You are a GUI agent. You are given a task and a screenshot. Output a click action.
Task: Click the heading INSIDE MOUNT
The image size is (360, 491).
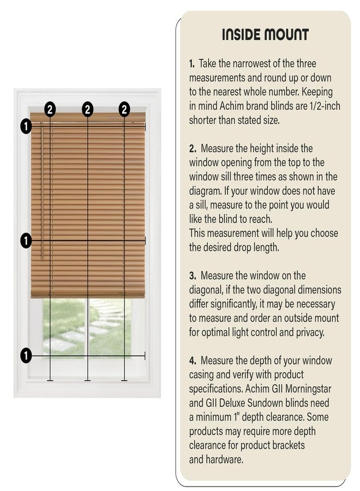(x=265, y=35)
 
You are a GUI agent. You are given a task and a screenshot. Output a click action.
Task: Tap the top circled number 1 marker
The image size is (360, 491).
(x=26, y=126)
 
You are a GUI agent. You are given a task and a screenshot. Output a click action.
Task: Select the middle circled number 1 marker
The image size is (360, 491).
(x=26, y=239)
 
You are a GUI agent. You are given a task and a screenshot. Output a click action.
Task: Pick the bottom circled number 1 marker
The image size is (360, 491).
(x=26, y=356)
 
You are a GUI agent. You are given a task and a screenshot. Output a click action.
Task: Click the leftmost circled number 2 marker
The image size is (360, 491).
(x=50, y=109)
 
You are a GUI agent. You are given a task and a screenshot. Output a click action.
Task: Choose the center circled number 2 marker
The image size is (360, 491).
(x=88, y=109)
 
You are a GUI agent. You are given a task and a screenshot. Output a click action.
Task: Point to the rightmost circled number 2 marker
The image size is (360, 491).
(x=125, y=109)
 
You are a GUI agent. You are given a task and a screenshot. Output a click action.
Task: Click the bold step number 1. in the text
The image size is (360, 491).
(x=193, y=64)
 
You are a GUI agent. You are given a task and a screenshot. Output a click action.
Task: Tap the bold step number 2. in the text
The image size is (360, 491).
(x=193, y=148)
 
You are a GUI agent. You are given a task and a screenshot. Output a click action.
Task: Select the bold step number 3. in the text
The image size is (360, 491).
(x=193, y=276)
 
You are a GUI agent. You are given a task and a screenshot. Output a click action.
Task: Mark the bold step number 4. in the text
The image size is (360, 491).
(x=193, y=361)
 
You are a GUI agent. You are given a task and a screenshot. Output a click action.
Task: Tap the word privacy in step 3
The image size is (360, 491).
(x=316, y=332)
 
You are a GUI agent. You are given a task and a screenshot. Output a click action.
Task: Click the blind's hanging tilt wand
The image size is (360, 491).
(x=40, y=191)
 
